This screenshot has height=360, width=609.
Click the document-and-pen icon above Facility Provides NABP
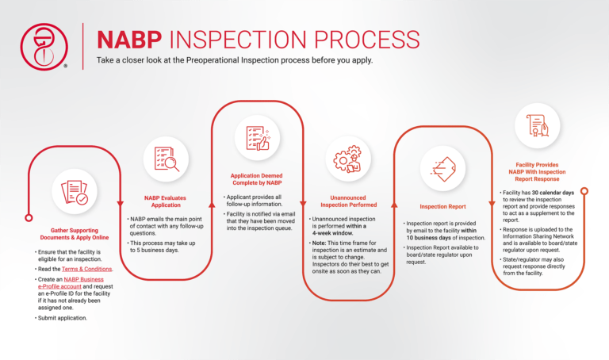[538, 125]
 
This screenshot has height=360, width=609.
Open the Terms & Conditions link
[89, 269]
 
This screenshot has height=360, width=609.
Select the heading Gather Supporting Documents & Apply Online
[74, 236]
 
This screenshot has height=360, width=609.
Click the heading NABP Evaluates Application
[165, 201]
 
